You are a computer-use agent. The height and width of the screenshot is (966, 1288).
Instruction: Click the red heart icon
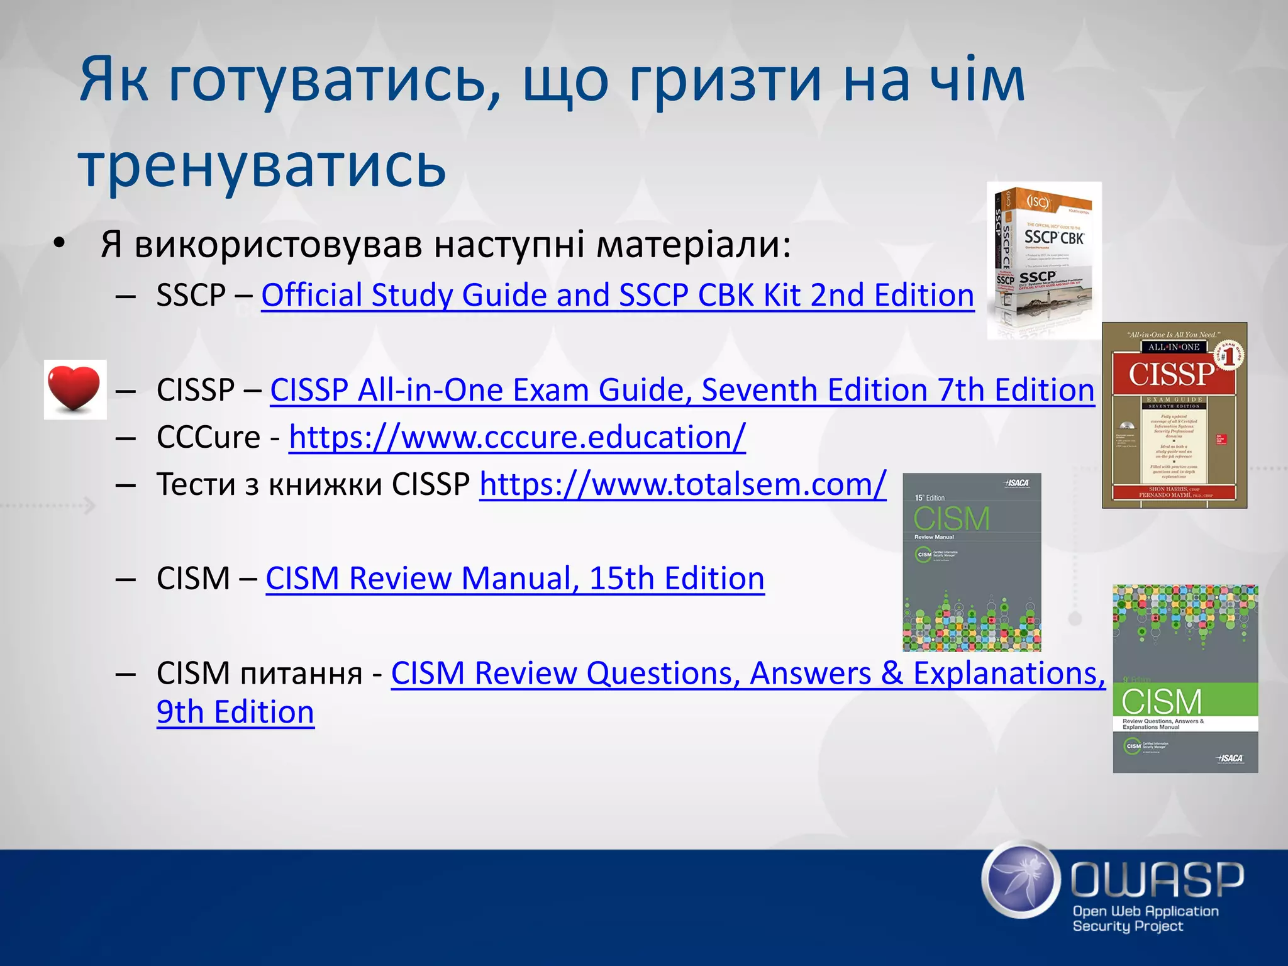click(x=75, y=389)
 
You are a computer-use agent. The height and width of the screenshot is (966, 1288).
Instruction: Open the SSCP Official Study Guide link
click(x=617, y=295)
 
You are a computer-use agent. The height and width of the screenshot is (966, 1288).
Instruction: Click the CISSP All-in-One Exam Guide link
click(x=682, y=390)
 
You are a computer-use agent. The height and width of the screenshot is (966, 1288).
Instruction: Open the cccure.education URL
click(x=517, y=437)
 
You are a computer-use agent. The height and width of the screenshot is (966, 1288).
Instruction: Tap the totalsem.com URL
click(x=682, y=484)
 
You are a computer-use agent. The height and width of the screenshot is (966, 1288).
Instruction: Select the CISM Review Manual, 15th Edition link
click(x=514, y=579)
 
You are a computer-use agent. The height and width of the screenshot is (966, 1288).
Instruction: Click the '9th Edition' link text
click(x=235, y=713)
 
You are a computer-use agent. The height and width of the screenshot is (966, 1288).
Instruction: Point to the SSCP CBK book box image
click(x=1044, y=260)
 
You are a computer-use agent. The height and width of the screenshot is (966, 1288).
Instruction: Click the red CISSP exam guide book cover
click(x=1174, y=415)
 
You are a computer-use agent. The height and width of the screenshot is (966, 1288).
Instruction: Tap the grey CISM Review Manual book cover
click(x=972, y=562)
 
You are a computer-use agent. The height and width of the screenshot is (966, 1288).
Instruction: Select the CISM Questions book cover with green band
click(x=1185, y=679)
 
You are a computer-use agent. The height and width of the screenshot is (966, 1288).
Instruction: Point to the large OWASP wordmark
click(x=1157, y=879)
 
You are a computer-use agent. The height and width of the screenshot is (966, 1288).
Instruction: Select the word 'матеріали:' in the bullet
click(x=693, y=245)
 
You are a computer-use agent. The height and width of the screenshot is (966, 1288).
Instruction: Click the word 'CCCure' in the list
click(x=208, y=437)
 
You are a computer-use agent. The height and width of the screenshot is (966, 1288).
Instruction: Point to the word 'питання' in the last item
click(x=302, y=674)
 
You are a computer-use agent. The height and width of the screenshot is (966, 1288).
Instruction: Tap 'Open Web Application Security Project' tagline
click(x=1145, y=918)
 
